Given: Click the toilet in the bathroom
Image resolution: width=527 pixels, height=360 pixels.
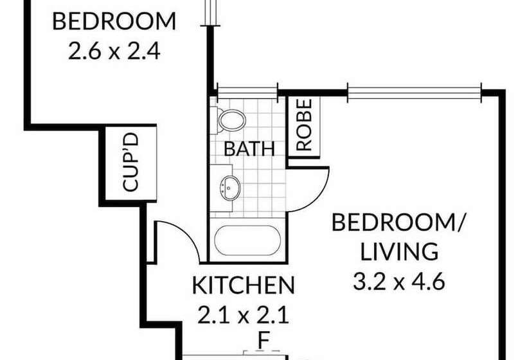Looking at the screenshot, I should coord(231,120).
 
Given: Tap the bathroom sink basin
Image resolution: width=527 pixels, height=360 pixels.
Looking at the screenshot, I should coord(230,187).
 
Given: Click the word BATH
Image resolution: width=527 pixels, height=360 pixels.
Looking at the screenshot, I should coord(249,149).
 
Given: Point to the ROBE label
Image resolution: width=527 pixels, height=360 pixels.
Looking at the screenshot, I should coord(304,125).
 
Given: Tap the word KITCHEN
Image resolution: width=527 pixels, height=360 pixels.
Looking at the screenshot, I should coord(244,284).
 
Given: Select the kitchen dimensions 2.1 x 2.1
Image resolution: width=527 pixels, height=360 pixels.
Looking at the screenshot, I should coord(244,315).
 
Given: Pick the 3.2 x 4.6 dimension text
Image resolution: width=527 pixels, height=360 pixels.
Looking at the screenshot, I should coord(399,282).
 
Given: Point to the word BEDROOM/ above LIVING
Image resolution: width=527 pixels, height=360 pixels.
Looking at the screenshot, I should coord(399,223).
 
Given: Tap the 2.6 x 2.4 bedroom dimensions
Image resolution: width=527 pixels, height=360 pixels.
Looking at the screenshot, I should coord(113,50).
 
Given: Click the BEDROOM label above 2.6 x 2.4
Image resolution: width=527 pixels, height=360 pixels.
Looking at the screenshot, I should coord(113,21).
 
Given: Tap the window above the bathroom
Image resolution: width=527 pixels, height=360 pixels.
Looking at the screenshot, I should coord(247,92).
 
